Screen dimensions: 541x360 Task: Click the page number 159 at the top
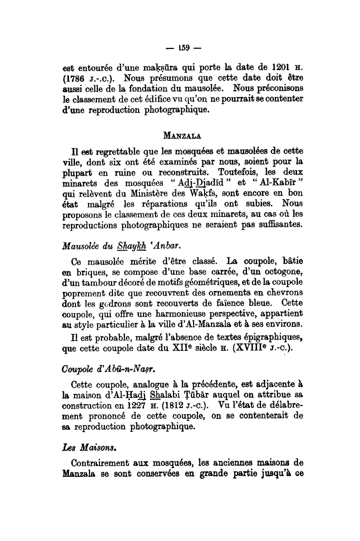click(180, 48)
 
